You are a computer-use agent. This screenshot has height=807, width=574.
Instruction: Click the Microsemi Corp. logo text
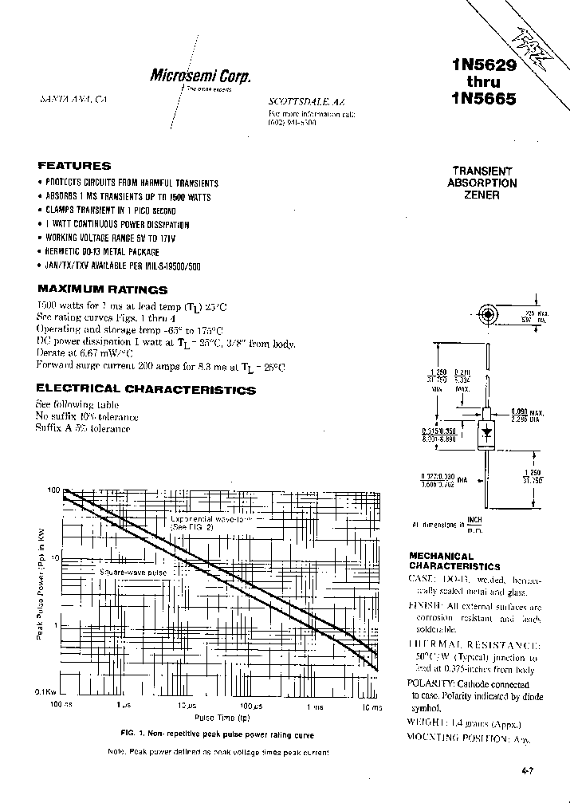[x=200, y=76]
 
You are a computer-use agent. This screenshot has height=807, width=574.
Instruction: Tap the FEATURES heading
[x=74, y=166]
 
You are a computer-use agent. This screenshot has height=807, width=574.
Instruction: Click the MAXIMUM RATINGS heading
[x=103, y=289]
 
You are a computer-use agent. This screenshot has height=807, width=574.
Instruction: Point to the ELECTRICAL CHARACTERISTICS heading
[x=147, y=390]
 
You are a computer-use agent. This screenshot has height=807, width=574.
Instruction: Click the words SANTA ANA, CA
[x=73, y=101]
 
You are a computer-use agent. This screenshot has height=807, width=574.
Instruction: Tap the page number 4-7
[x=527, y=771]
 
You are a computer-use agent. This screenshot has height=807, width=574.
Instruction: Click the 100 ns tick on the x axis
[x=61, y=707]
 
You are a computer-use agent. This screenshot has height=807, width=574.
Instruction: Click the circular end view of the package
[x=488, y=313]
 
